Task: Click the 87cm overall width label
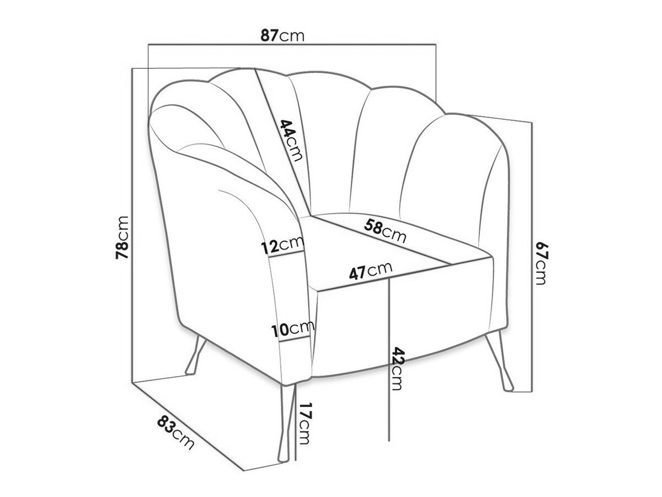282,36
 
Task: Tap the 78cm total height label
122,237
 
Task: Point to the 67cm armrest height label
541,263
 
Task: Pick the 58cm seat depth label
385,231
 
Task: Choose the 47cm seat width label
371,271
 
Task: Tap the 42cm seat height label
397,369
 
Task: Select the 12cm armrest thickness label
282,245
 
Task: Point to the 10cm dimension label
292,329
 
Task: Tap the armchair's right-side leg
499,361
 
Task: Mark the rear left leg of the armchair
195,356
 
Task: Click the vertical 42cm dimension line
389,359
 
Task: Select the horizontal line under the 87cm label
292,45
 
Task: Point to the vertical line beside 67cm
531,257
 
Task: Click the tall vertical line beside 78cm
133,225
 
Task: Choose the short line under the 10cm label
295,339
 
